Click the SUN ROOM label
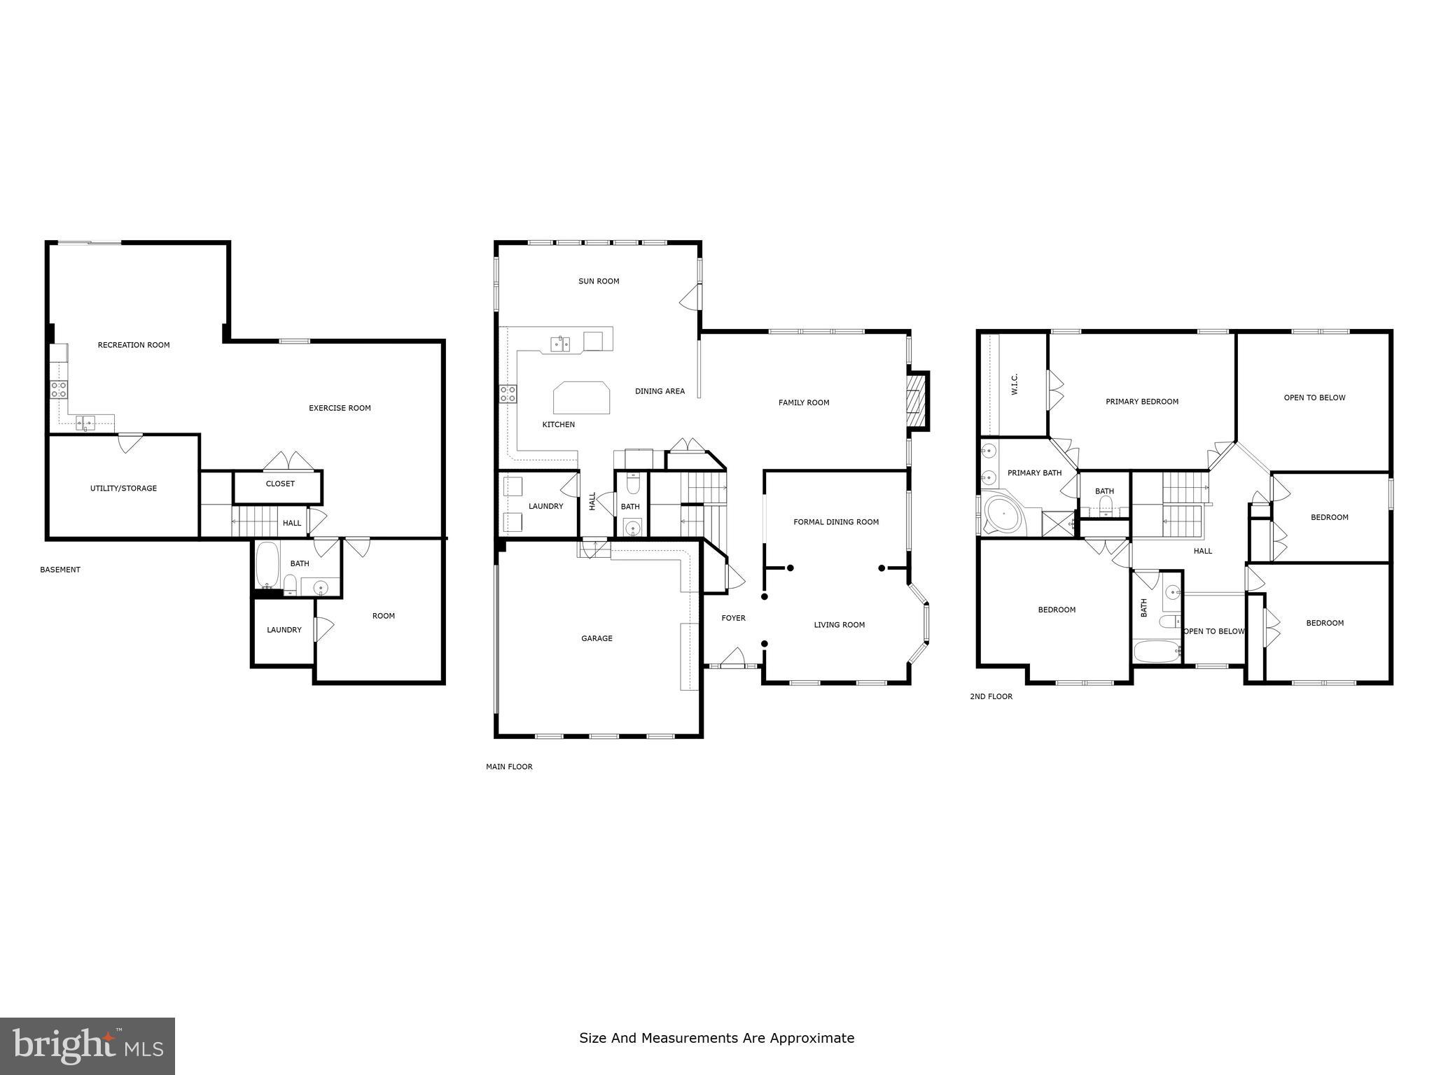pyautogui.click(x=599, y=281)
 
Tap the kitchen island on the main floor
pyautogui.click(x=581, y=398)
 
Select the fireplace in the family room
pyautogui.click(x=916, y=400)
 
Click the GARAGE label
pyautogui.click(x=597, y=638)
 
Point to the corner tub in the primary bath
pyautogui.click(x=1003, y=516)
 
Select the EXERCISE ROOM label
pyautogui.click(x=340, y=408)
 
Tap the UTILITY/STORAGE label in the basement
pyautogui.click(x=123, y=489)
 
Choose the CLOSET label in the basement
pyautogui.click(x=280, y=484)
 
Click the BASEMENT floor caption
pyautogui.click(x=60, y=570)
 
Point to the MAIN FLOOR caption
pyautogui.click(x=509, y=767)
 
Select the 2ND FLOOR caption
pyautogui.click(x=991, y=696)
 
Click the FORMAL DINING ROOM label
pyautogui.click(x=836, y=522)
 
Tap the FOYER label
pyautogui.click(x=733, y=618)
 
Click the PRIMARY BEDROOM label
pyautogui.click(x=1142, y=402)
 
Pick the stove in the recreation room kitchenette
pyautogui.click(x=59, y=390)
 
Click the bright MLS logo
pyautogui.click(x=88, y=1046)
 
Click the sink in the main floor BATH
pyautogui.click(x=632, y=528)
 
